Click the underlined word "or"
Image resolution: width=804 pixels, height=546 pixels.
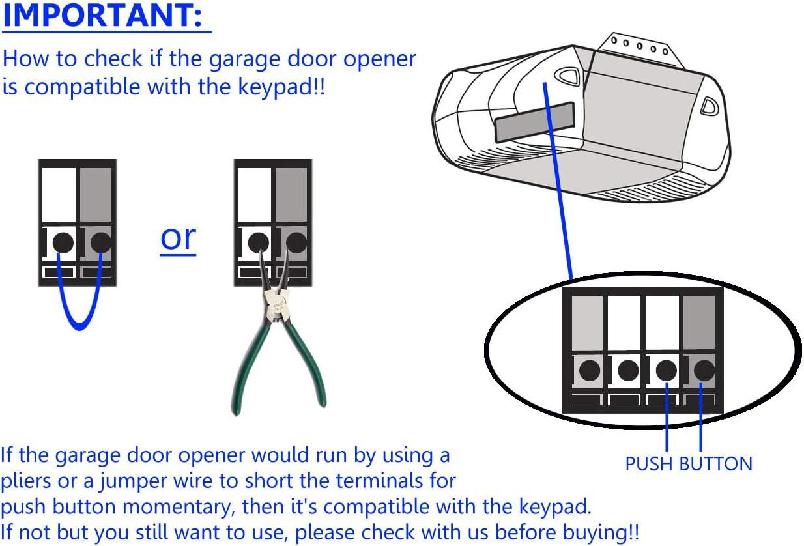point(178,238)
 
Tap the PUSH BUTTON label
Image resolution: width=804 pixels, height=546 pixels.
point(689,464)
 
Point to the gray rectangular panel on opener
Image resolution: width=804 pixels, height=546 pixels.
point(534,121)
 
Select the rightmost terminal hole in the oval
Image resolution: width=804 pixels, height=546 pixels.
point(704,371)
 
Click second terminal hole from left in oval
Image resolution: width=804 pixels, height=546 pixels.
point(628,371)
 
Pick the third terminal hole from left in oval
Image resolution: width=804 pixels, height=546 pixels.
point(666,371)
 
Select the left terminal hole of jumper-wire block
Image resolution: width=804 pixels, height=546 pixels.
point(62,242)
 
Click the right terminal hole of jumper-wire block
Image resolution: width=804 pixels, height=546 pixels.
point(100,242)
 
